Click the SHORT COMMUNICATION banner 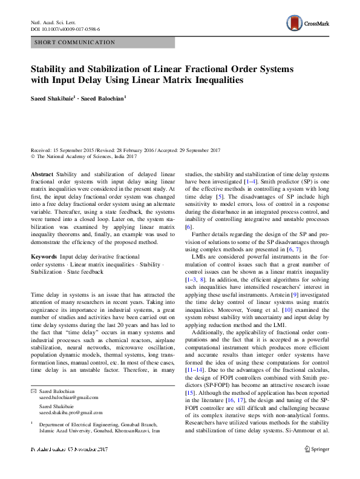coord(75,42)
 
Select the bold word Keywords coord(44,258)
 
